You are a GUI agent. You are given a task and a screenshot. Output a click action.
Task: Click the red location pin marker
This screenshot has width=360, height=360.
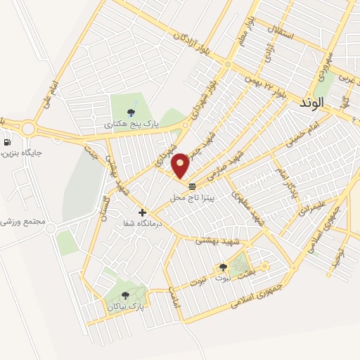click(x=181, y=166)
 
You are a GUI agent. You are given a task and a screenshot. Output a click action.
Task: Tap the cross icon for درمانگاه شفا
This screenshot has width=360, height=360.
click(x=142, y=212)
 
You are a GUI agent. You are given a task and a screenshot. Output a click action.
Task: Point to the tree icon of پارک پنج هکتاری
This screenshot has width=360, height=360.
click(x=131, y=112)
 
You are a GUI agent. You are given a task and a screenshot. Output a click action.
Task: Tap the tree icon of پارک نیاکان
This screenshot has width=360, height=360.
click(x=125, y=295)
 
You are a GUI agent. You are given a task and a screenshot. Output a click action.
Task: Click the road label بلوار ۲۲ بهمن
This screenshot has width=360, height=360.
click(x=266, y=88)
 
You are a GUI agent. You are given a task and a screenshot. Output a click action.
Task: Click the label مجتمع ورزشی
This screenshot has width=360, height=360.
click(x=25, y=221)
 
